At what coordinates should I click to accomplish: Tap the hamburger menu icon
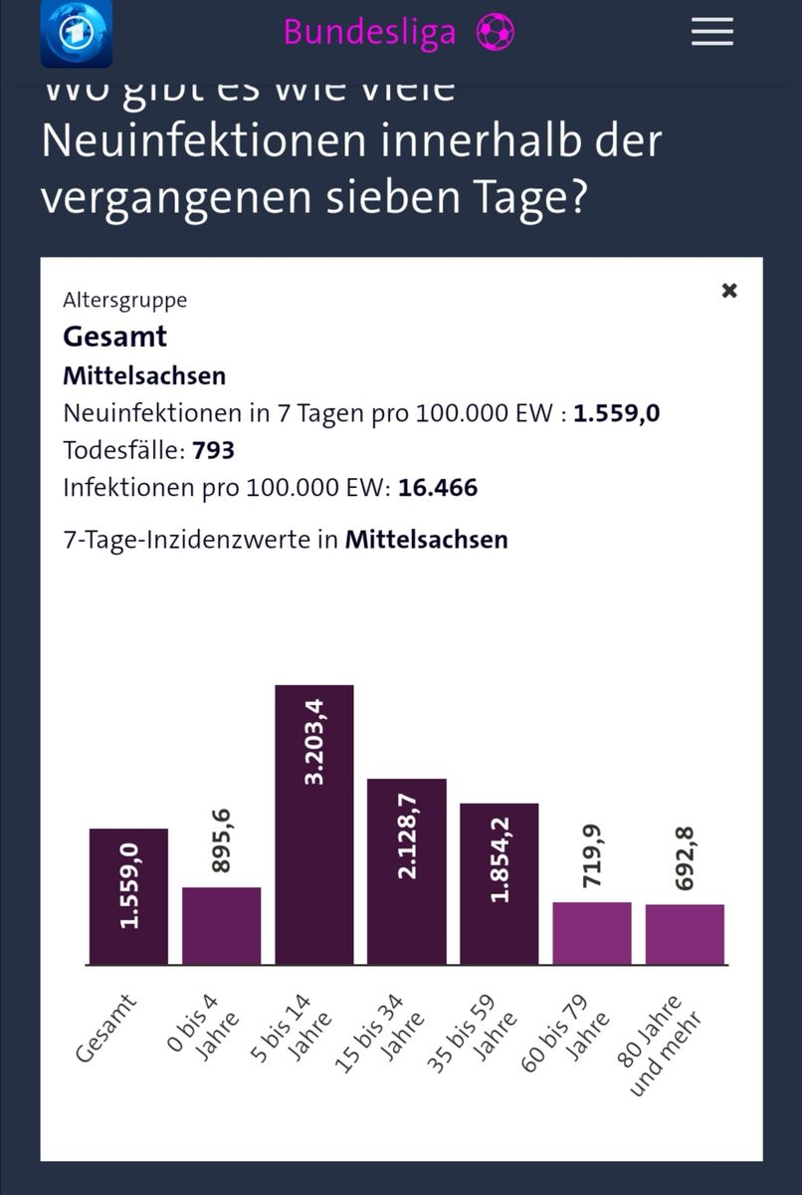712,32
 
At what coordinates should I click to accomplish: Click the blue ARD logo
76,33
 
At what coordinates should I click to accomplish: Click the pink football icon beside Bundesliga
495,32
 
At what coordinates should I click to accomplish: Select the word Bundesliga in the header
369,32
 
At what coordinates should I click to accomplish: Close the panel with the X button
729,291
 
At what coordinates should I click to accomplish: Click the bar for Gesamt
128,896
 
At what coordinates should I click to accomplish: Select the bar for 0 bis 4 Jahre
221,926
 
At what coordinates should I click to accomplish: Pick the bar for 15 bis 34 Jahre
406,871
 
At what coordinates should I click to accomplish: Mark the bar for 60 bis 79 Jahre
591,933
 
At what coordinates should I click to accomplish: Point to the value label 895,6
221,841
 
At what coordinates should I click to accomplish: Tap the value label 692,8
685,858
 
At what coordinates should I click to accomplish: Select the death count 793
214,450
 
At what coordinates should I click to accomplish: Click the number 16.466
438,488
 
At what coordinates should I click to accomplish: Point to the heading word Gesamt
114,336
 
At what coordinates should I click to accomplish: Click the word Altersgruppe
124,300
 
